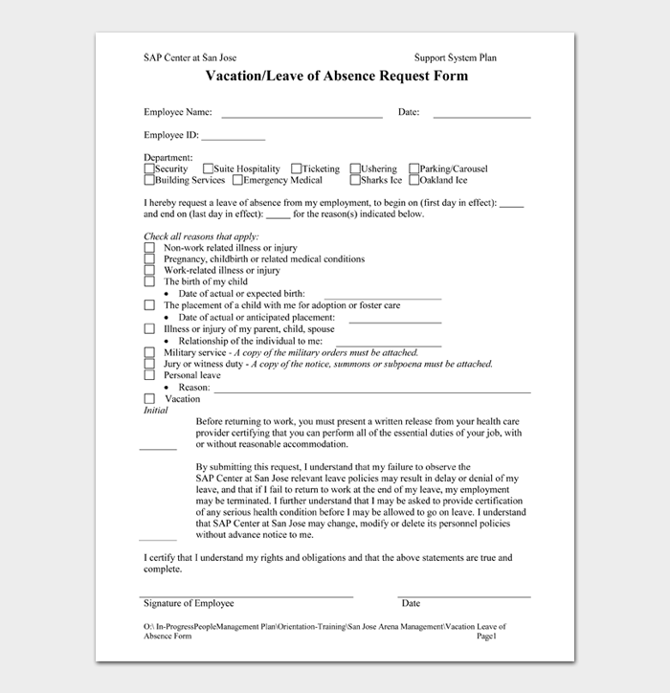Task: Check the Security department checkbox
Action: [149, 168]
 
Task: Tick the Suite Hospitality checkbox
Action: [208, 168]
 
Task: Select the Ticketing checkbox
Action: [297, 168]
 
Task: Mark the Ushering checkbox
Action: [355, 168]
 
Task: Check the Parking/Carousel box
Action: [414, 168]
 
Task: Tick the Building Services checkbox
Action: [149, 180]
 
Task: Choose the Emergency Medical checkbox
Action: [237, 180]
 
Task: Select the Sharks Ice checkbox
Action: [355, 180]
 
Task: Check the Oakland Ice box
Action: [414, 180]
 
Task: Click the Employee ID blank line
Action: [233, 138]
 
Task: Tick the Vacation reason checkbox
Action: [149, 399]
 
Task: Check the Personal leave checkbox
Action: [149, 376]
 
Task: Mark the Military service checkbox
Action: [149, 352]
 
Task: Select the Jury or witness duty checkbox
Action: [149, 364]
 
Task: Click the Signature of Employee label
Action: [189, 604]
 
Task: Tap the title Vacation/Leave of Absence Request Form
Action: [336, 77]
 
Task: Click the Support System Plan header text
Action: [456, 57]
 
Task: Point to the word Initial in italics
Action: [156, 411]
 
